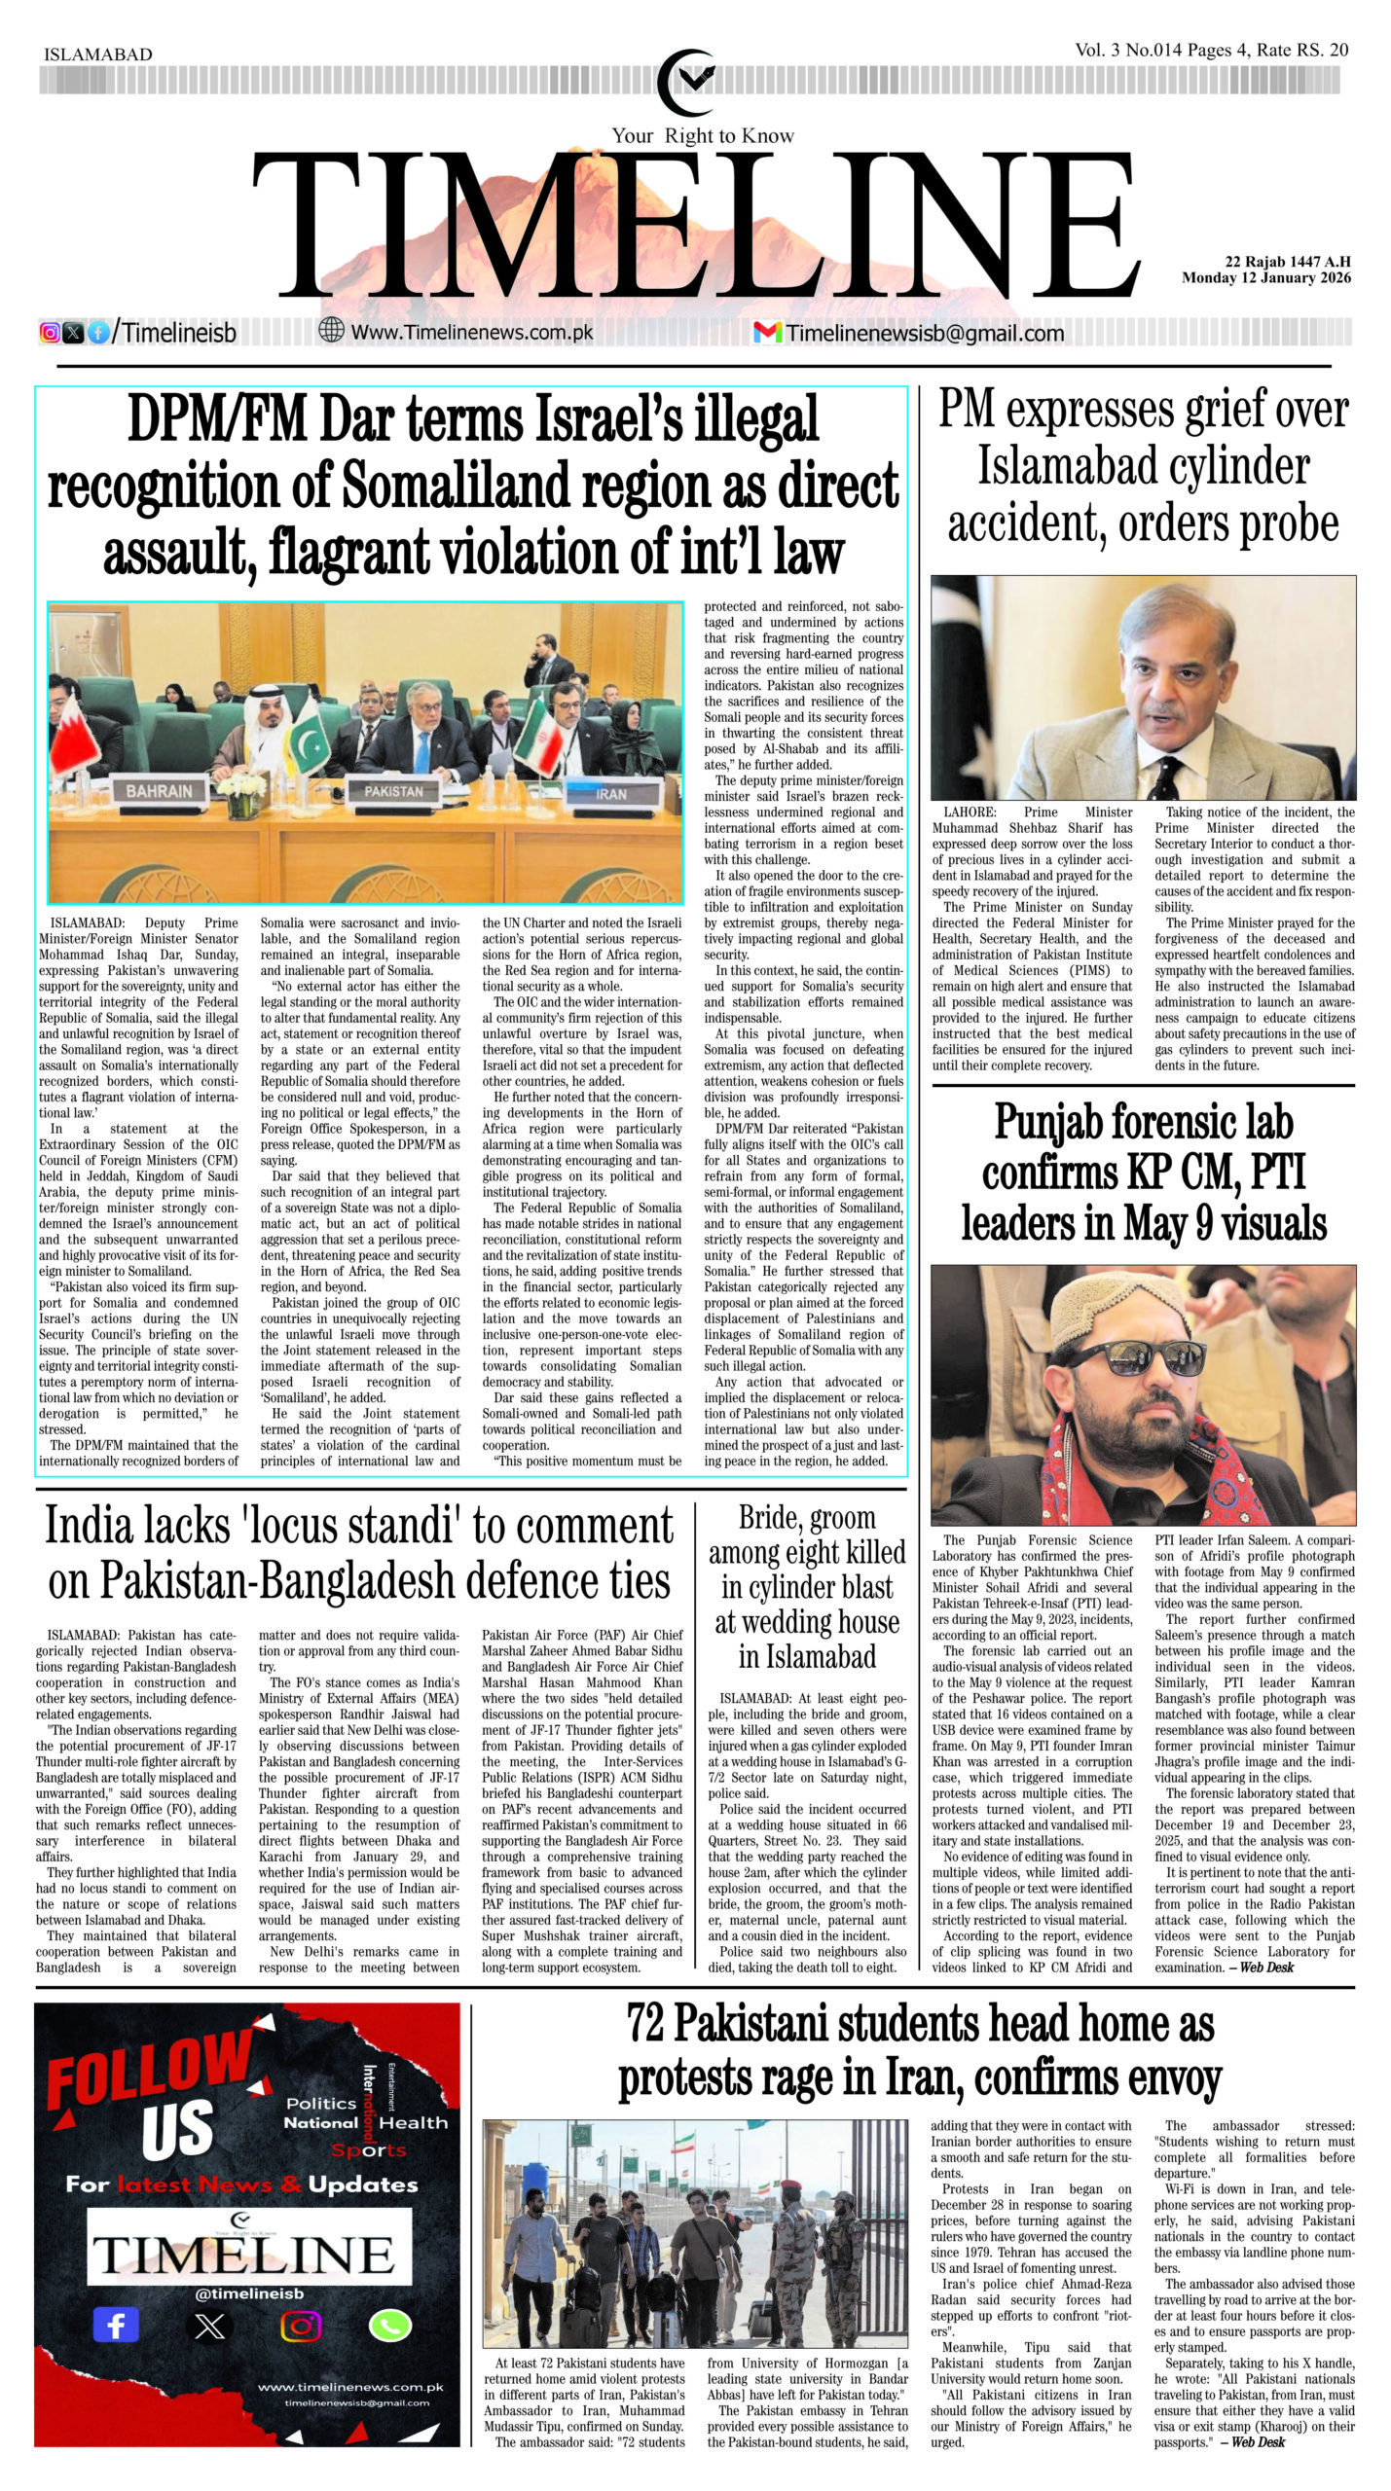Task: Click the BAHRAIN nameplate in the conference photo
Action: click(x=159, y=790)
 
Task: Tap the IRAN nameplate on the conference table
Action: click(x=610, y=794)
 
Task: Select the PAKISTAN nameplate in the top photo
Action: click(x=393, y=791)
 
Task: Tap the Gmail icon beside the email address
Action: click(x=767, y=332)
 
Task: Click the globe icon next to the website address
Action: click(x=332, y=331)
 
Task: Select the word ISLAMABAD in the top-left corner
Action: click(x=98, y=54)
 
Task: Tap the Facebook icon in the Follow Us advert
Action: click(x=115, y=2326)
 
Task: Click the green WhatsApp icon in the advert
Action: click(x=390, y=2326)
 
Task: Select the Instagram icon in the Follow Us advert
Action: click(x=301, y=2326)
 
